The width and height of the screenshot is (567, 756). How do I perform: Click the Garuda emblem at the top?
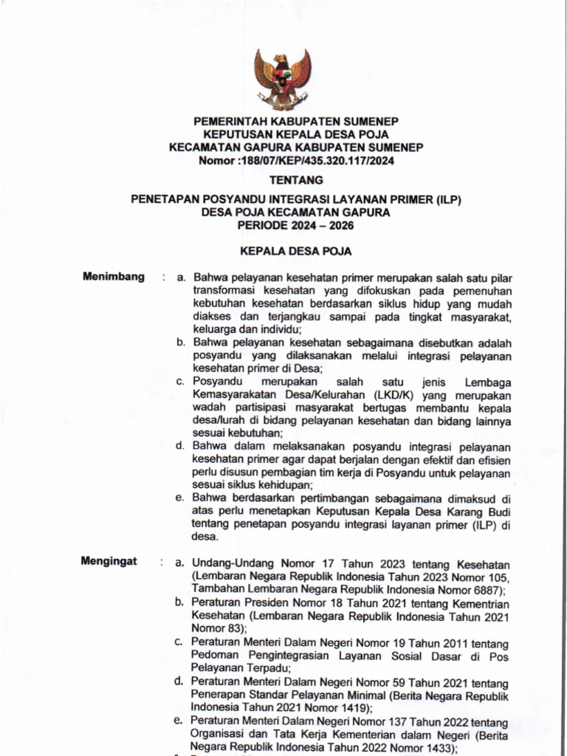(283, 78)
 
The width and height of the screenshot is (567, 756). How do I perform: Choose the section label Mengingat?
(109, 562)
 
